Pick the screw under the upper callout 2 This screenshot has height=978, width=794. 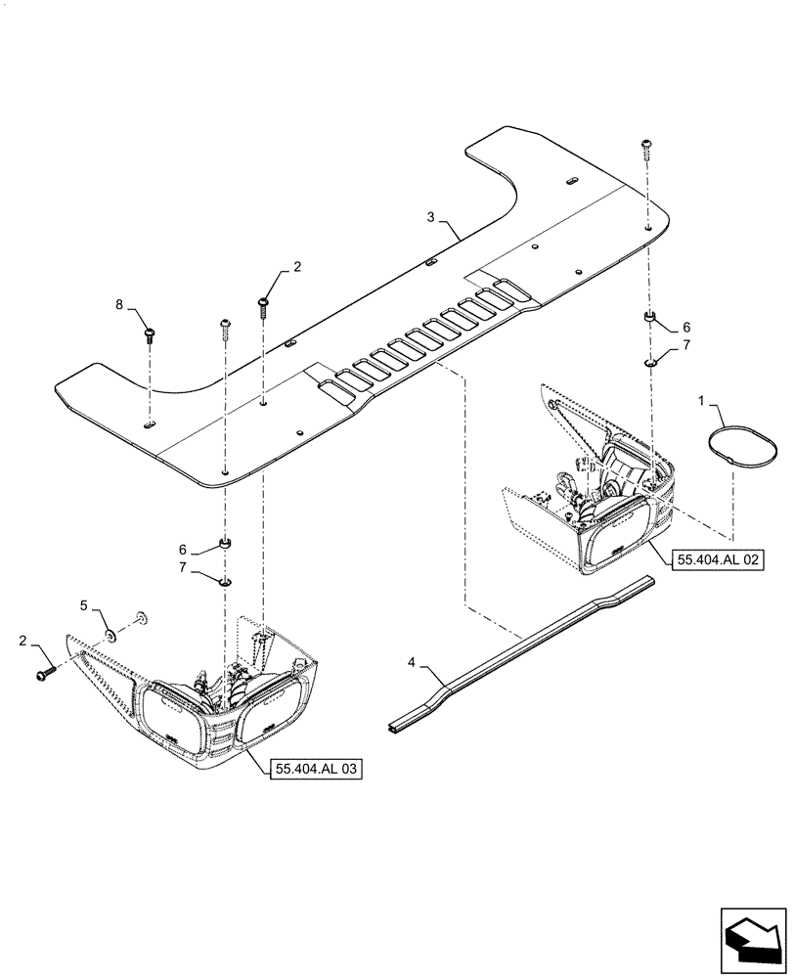coord(264,306)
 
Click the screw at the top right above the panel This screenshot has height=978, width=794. coord(646,147)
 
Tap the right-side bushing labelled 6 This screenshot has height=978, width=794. coord(647,318)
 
